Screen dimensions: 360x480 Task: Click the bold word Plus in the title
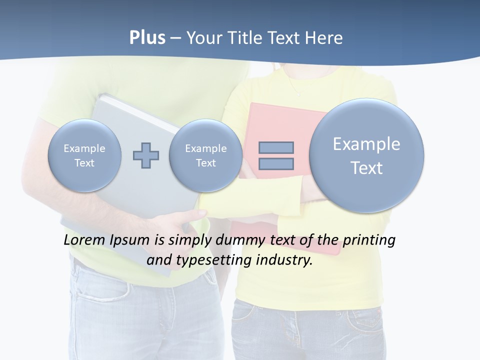(x=147, y=38)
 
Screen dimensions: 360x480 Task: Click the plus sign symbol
(x=146, y=155)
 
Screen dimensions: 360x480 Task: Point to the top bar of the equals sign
(x=276, y=147)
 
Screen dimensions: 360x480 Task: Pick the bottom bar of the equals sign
(x=276, y=163)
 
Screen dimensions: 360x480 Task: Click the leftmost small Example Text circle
(x=84, y=155)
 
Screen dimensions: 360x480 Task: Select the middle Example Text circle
(x=205, y=155)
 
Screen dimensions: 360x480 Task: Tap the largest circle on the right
(x=366, y=155)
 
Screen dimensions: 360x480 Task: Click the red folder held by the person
(x=280, y=120)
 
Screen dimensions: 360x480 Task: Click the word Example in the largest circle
(x=366, y=144)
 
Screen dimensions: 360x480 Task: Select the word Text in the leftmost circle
(x=84, y=163)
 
